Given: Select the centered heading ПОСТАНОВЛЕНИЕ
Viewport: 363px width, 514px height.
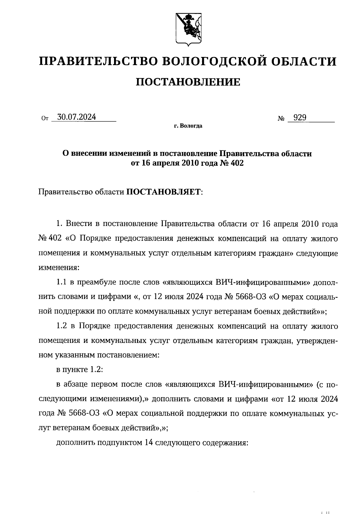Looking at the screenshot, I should click(x=188, y=82).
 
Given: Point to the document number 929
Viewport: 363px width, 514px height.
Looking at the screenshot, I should click(x=299, y=118).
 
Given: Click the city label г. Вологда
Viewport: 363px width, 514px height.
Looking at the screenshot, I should click(x=188, y=126).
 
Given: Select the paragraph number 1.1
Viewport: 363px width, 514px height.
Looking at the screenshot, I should click(x=62, y=283).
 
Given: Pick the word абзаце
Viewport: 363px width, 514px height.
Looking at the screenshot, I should click(x=77, y=384).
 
